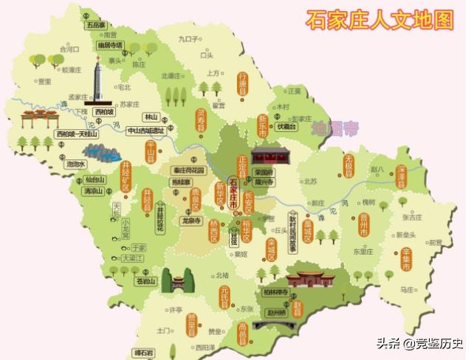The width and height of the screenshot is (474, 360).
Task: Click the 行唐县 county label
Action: click(x=242, y=86)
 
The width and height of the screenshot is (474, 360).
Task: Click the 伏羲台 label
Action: click(x=286, y=127)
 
